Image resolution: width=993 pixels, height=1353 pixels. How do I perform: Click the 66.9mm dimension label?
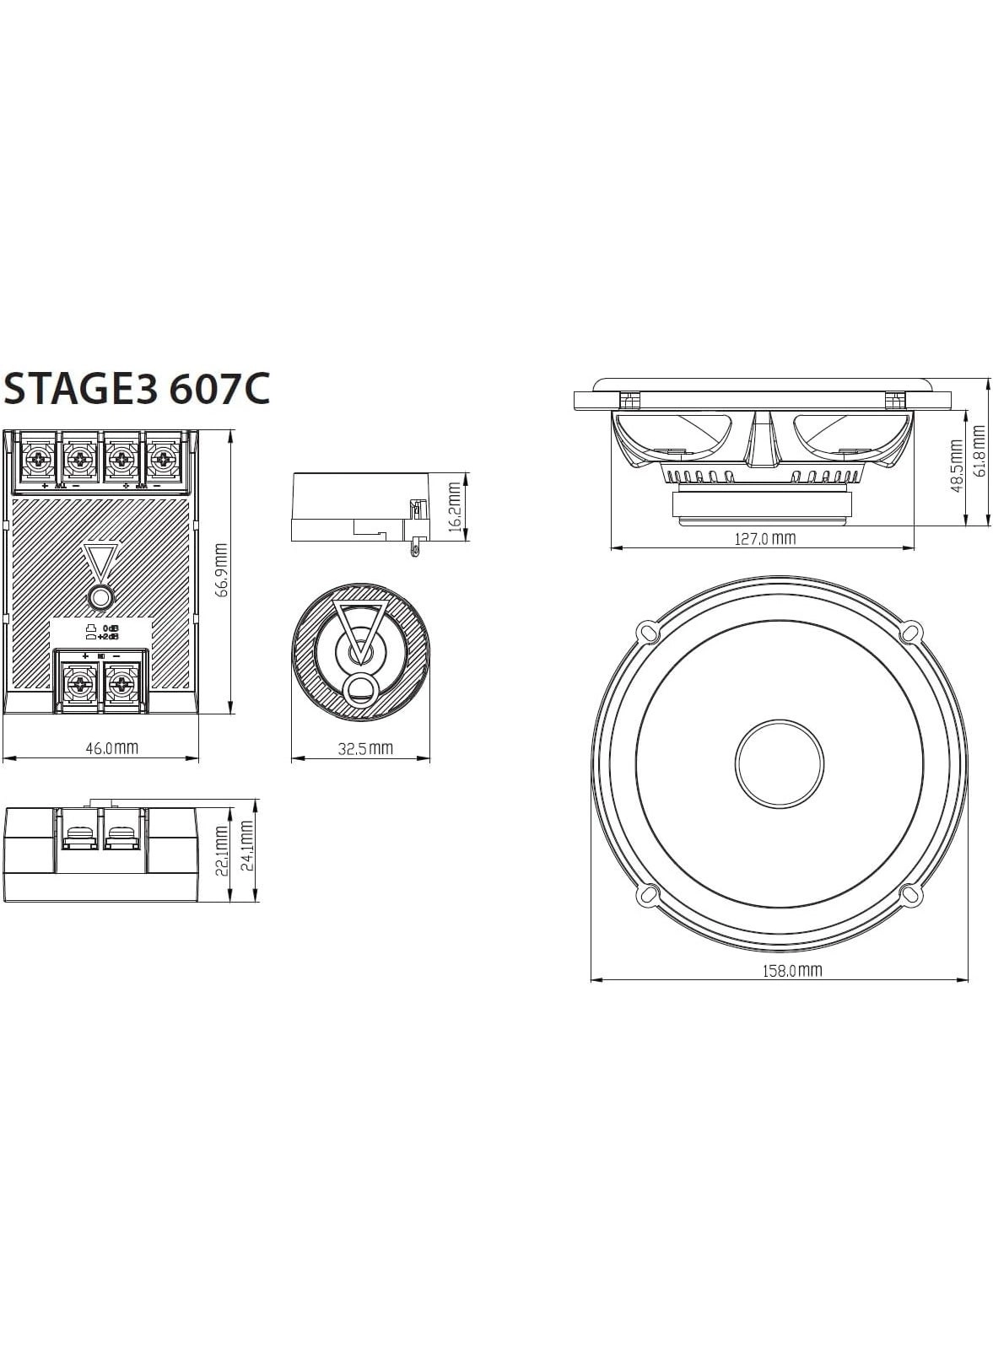tap(222, 570)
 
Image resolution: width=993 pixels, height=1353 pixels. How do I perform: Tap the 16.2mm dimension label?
tap(455, 507)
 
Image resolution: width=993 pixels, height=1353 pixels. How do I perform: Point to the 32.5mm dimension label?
tap(365, 747)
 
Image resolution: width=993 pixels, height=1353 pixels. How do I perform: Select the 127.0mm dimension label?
tap(764, 538)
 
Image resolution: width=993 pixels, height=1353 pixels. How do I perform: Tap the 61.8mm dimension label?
tap(978, 451)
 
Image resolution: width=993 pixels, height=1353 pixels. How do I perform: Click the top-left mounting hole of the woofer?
tap(647, 631)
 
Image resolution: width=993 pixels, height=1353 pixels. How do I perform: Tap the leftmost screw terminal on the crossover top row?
tap(37, 460)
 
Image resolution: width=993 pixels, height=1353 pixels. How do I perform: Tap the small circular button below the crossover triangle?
tap(100, 598)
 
